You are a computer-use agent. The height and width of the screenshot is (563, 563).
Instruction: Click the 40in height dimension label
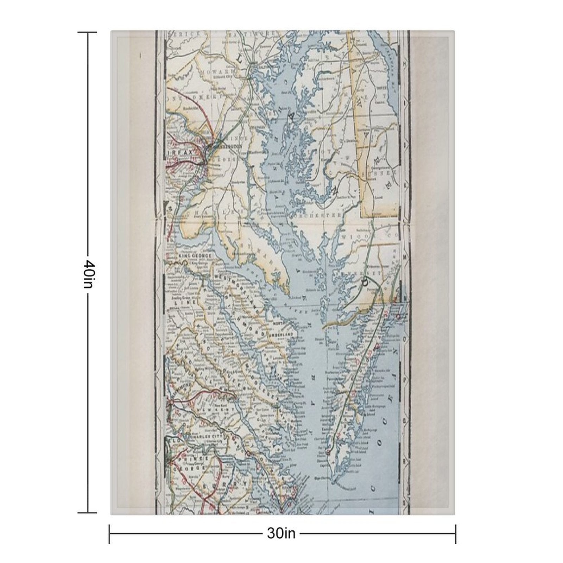[x=88, y=274]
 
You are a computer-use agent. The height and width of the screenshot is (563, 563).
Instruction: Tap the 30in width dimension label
[x=281, y=533]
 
